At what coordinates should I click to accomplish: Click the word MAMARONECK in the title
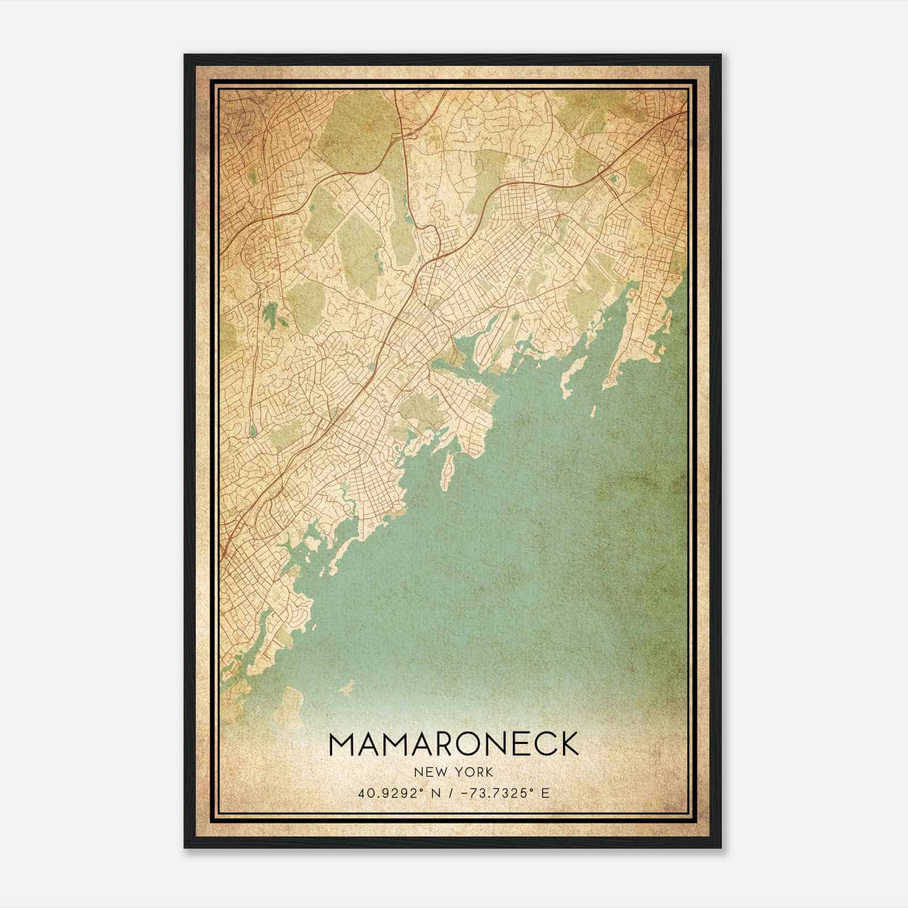click(x=453, y=743)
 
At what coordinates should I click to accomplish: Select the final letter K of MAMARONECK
click(x=568, y=743)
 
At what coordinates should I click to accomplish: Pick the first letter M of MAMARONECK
click(x=342, y=743)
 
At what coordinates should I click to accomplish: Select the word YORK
click(x=476, y=772)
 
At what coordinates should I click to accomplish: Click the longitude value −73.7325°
click(x=502, y=793)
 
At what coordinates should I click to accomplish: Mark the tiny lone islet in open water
click(x=592, y=410)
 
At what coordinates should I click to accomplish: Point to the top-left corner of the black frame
click(x=185, y=55)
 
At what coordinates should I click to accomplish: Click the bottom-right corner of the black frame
click(x=721, y=847)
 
